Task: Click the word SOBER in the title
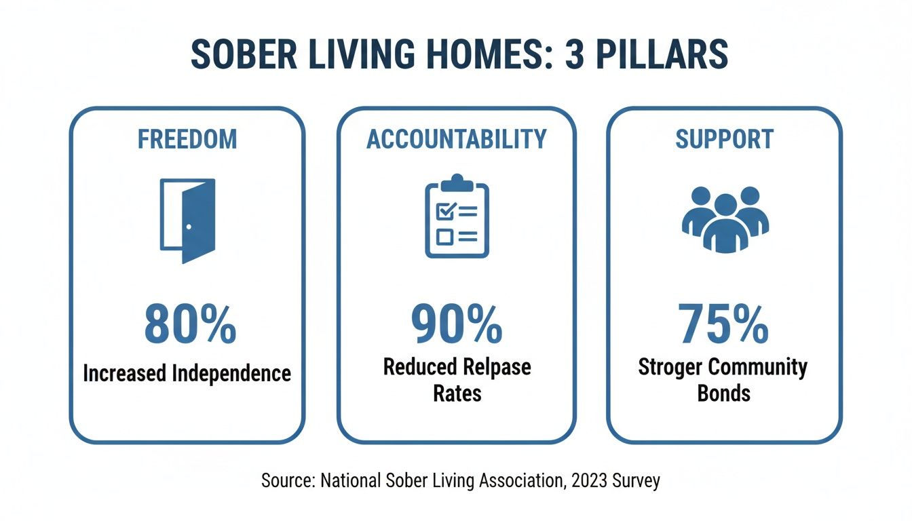(x=244, y=54)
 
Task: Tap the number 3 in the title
(x=573, y=54)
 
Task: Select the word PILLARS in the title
(x=662, y=54)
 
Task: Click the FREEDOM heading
(x=187, y=139)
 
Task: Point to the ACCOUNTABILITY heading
(x=457, y=139)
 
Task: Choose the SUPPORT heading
(x=724, y=139)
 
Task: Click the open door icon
(x=188, y=221)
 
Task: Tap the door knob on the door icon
(x=189, y=227)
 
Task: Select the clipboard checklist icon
(x=457, y=216)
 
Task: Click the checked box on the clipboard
(x=444, y=211)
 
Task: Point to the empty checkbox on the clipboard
(x=444, y=237)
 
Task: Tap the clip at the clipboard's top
(x=457, y=182)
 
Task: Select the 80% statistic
(x=190, y=324)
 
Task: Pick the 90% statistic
(x=457, y=324)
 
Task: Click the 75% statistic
(x=723, y=324)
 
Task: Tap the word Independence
(x=231, y=374)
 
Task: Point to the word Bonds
(x=723, y=393)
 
